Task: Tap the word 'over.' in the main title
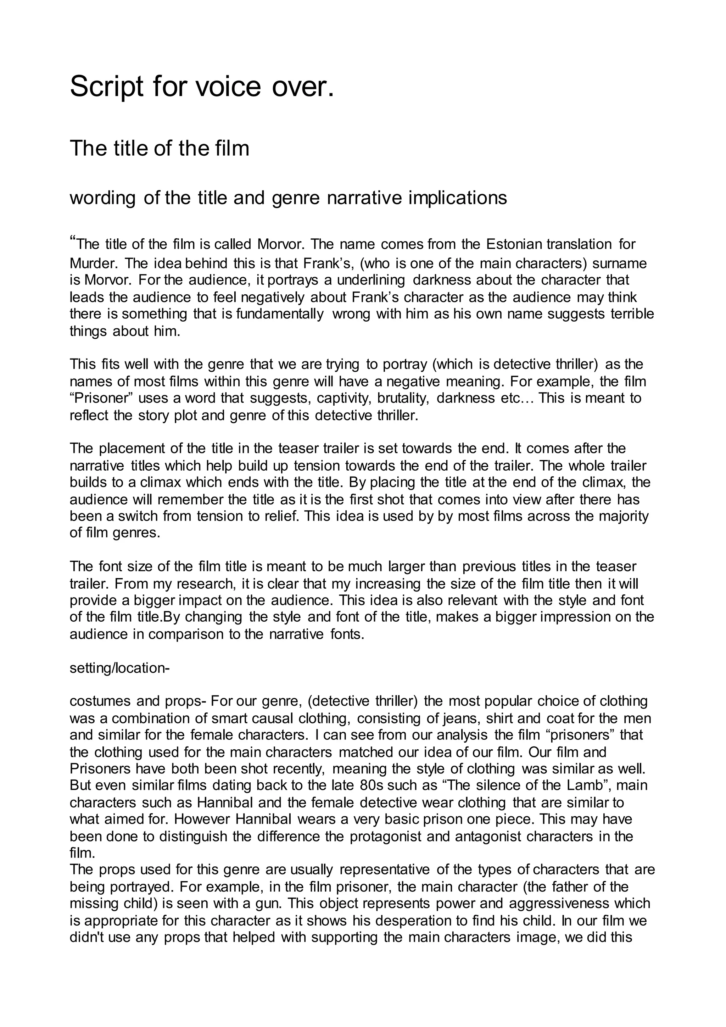(303, 87)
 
